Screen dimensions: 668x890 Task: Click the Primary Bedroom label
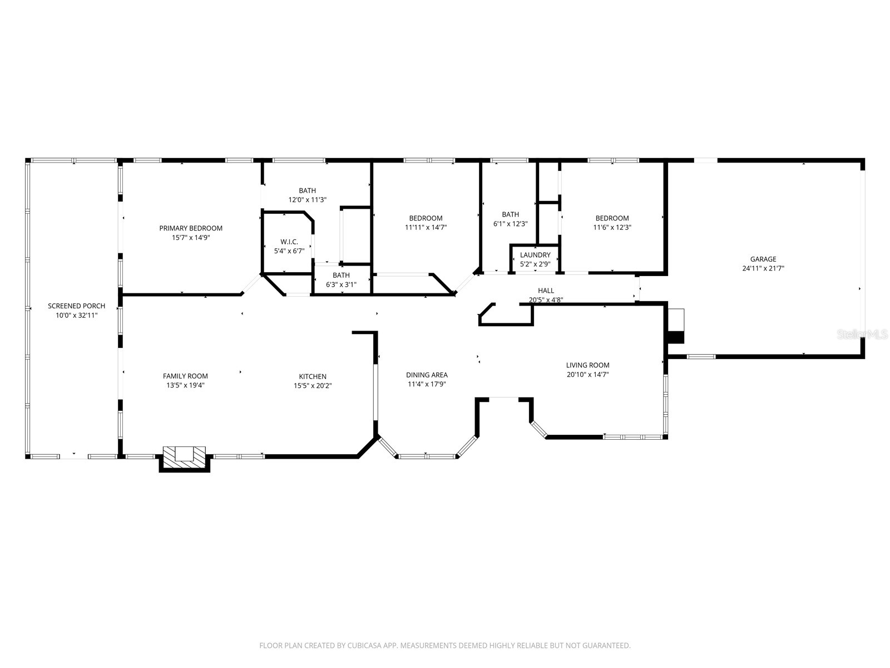click(191, 228)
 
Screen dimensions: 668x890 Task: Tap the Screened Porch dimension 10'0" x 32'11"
click(76, 315)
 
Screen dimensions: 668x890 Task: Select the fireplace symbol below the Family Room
click(184, 454)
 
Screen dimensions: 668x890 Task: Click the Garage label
click(763, 259)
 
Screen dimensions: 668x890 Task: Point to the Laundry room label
click(535, 256)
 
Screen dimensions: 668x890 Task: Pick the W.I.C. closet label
click(289, 242)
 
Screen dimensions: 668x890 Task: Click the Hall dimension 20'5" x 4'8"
click(546, 300)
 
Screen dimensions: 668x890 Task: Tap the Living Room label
click(587, 366)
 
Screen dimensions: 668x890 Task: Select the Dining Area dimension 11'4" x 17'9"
click(427, 384)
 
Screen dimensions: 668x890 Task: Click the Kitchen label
click(313, 377)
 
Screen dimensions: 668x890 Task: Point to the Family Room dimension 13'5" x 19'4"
click(185, 385)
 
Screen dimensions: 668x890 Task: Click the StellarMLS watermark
click(863, 334)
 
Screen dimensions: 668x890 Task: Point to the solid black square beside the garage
click(675, 337)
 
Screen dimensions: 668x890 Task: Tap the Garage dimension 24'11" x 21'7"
click(763, 268)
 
